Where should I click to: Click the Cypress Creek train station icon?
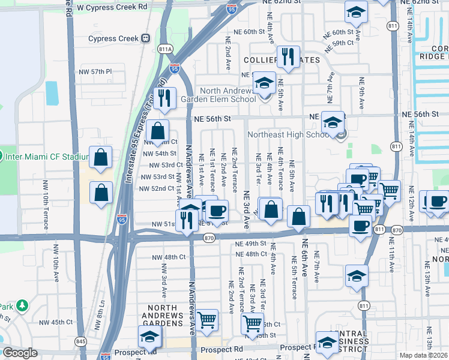(x=145, y=38)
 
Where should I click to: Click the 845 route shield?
(x=80, y=342)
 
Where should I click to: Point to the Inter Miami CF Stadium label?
(x=47, y=157)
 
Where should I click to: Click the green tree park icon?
(x=22, y=306)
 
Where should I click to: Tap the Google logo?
(x=20, y=353)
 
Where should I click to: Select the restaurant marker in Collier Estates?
(x=288, y=57)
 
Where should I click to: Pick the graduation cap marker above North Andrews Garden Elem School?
(x=264, y=83)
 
